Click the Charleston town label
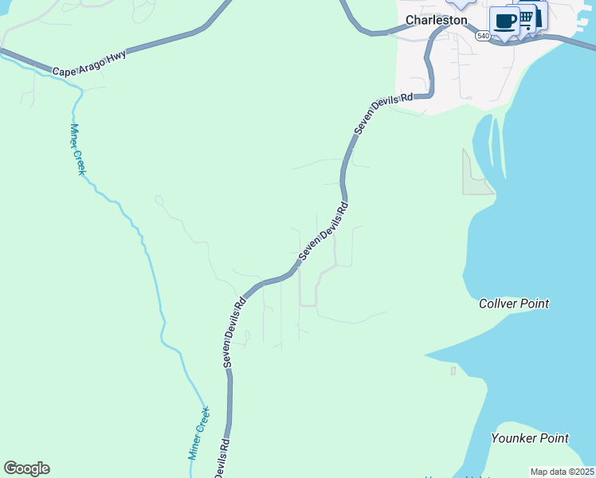(x=436, y=20)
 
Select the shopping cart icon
(x=526, y=17)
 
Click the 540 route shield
(x=483, y=36)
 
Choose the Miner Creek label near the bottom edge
(x=198, y=433)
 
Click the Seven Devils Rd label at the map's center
(x=324, y=232)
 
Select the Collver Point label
(x=514, y=304)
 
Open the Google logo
(x=26, y=468)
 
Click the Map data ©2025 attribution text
(x=561, y=472)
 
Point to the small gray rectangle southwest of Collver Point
(x=453, y=370)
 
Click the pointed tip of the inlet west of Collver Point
(x=425, y=355)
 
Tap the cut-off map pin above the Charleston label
(x=460, y=4)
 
